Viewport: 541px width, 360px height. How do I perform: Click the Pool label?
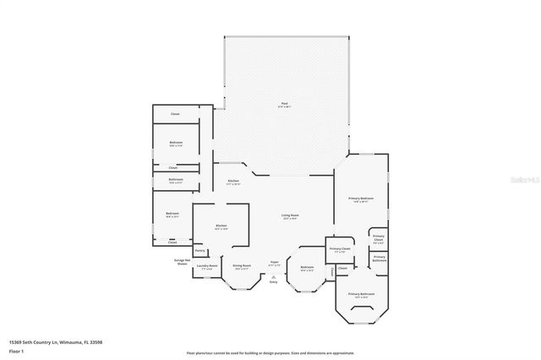[284, 106]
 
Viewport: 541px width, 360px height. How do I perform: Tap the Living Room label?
[290, 216]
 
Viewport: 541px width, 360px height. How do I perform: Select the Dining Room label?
[241, 266]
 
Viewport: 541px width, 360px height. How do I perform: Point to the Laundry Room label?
[208, 266]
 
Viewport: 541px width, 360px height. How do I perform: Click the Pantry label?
[200, 250]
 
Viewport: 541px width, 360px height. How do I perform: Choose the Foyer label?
[274, 262]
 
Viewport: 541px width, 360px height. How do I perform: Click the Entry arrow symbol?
[273, 274]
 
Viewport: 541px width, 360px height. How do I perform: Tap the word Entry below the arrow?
[273, 281]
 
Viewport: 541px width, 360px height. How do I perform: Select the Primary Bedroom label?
[361, 199]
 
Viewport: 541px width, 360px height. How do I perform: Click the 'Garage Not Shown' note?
[182, 261]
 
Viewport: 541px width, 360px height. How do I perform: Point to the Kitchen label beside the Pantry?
[221, 226]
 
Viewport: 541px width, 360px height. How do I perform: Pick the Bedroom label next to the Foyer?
[307, 268]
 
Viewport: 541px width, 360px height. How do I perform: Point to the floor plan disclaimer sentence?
[270, 351]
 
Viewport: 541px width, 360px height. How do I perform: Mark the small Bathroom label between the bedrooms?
[175, 180]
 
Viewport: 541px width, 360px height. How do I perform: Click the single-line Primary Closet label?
[340, 249]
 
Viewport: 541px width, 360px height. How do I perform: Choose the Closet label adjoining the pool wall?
[175, 114]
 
